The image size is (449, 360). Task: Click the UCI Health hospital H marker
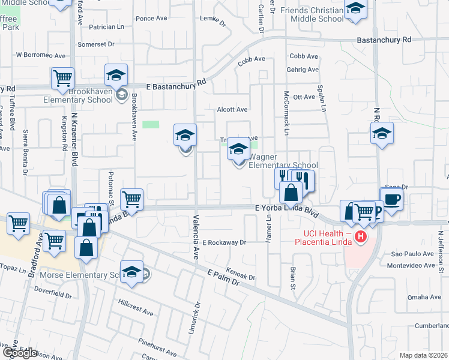click(x=360, y=237)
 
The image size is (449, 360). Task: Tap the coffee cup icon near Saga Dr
click(x=392, y=200)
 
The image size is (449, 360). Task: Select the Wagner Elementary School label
click(x=283, y=161)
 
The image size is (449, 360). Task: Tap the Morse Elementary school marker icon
click(x=132, y=271)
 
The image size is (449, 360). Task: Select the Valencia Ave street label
click(x=196, y=237)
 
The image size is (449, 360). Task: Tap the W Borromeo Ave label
click(x=40, y=55)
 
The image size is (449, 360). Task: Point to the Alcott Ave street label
click(x=232, y=110)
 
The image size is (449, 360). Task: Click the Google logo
click(x=20, y=352)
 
